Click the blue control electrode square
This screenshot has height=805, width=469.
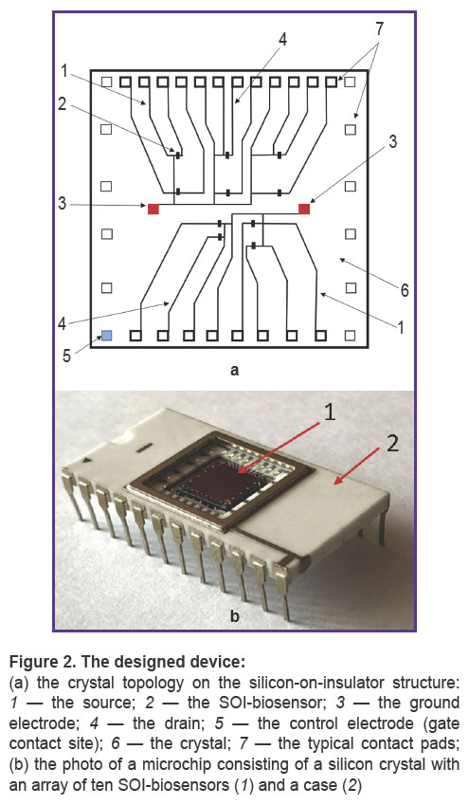point(107,336)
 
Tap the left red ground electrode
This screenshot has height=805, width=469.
point(153,209)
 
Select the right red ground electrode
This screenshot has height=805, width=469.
point(304,209)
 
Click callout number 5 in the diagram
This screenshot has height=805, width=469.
point(66,356)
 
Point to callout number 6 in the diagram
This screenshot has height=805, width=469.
point(405,290)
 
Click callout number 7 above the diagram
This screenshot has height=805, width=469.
point(379,29)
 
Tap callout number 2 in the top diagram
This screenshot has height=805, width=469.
point(63,104)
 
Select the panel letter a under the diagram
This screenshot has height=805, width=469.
point(235,370)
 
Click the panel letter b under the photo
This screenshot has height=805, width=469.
point(235,615)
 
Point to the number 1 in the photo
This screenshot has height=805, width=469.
point(329,412)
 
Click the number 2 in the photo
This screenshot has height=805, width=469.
point(392,444)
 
